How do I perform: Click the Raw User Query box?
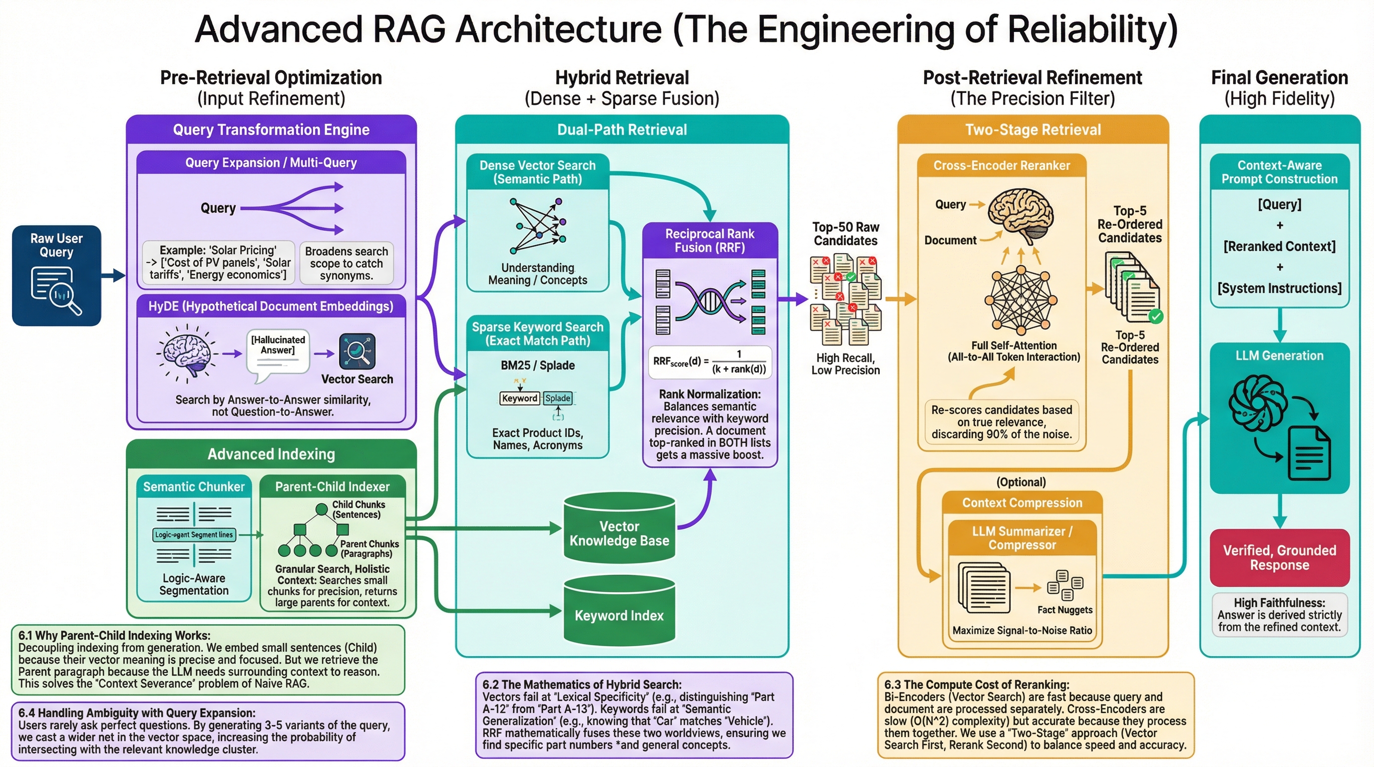56,275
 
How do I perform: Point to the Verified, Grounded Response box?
1279,557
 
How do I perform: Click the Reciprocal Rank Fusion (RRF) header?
709,241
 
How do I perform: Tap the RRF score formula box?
709,362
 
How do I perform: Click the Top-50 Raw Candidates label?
845,234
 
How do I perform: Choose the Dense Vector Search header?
537,172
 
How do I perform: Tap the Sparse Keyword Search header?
537,334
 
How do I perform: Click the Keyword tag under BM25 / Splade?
520,398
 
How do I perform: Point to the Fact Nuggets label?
1064,610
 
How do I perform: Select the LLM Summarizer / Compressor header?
1022,538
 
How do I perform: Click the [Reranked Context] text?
1279,246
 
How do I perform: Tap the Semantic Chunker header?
194,486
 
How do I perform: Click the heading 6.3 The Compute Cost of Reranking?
976,684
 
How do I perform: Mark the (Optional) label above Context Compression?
1021,482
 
